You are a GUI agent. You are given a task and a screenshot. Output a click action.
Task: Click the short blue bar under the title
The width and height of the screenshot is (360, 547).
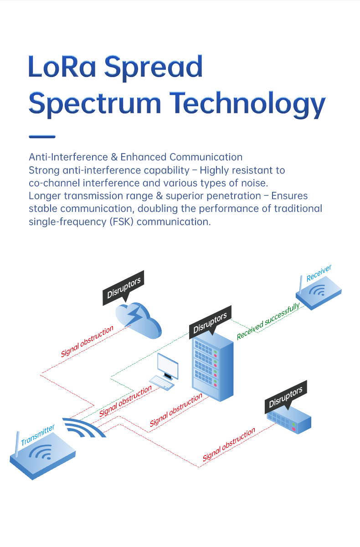42,136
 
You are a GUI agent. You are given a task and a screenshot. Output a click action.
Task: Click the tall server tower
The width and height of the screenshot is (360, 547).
212,364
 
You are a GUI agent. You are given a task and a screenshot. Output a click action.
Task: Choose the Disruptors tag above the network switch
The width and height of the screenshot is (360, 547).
285,397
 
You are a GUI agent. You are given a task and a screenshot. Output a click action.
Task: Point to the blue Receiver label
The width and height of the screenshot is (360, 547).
319,272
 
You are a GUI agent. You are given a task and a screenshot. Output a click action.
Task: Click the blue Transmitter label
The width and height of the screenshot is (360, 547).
38,435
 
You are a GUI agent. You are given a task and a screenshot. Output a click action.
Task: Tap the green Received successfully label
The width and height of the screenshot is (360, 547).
268,321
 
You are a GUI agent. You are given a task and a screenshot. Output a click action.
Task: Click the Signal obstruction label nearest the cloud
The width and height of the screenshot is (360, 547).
87,342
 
